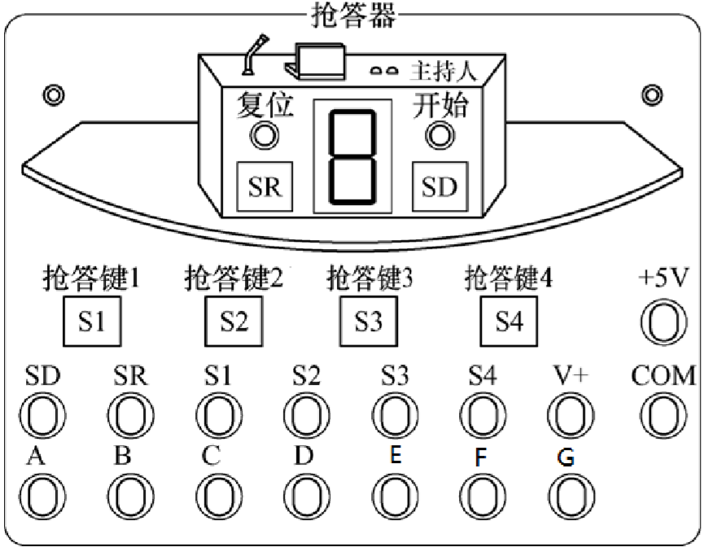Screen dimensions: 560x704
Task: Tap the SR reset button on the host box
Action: pyautogui.click(x=265, y=186)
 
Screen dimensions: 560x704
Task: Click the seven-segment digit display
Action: pyautogui.click(x=352, y=156)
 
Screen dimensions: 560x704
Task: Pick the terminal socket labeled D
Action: pyautogui.click(x=306, y=496)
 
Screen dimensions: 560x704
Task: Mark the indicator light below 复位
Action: pyautogui.click(x=262, y=135)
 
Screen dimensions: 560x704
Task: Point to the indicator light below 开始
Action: pyautogui.click(x=440, y=135)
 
